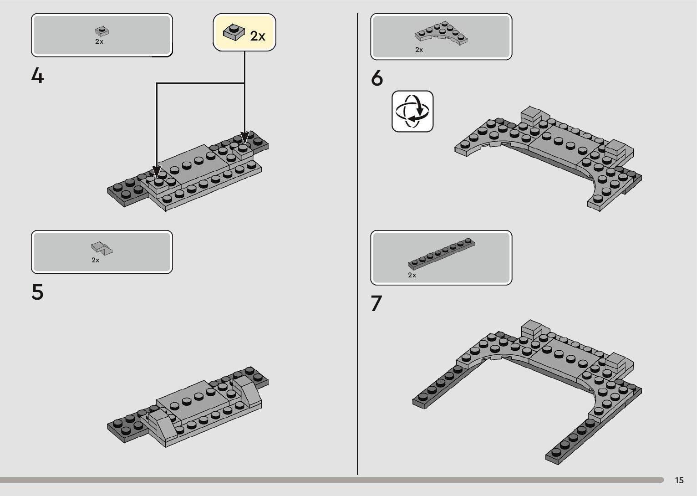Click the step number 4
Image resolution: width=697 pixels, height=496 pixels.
pyautogui.click(x=38, y=76)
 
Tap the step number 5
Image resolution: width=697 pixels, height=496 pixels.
pyautogui.click(x=38, y=292)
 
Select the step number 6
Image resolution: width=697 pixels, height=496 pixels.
pyautogui.click(x=377, y=79)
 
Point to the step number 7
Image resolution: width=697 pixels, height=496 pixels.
pyautogui.click(x=376, y=304)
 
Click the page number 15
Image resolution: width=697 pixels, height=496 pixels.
pyautogui.click(x=679, y=481)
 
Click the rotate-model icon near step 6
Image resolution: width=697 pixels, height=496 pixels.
pyautogui.click(x=412, y=111)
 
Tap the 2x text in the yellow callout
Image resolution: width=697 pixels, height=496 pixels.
pyautogui.click(x=258, y=36)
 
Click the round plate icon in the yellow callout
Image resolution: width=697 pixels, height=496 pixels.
pyautogui.click(x=233, y=33)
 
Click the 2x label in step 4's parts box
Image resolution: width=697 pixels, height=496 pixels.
pyautogui.click(x=99, y=41)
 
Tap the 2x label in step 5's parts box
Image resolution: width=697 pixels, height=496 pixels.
pyautogui.click(x=96, y=260)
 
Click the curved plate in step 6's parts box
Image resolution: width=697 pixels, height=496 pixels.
pyautogui.click(x=441, y=34)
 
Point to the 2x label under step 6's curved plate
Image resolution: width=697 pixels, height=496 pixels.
pyautogui.click(x=419, y=50)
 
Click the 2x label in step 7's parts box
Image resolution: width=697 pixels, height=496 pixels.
pyautogui.click(x=412, y=275)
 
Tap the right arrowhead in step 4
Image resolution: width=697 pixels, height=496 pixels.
pyautogui.click(x=245, y=137)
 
